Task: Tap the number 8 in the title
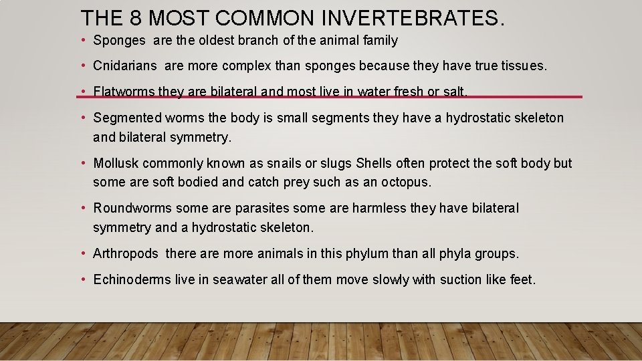(x=142, y=17)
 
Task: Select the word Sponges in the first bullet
(x=119, y=41)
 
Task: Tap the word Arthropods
(x=126, y=253)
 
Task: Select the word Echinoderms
(x=132, y=279)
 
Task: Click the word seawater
(x=240, y=279)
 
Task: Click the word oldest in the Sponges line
(x=213, y=41)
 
